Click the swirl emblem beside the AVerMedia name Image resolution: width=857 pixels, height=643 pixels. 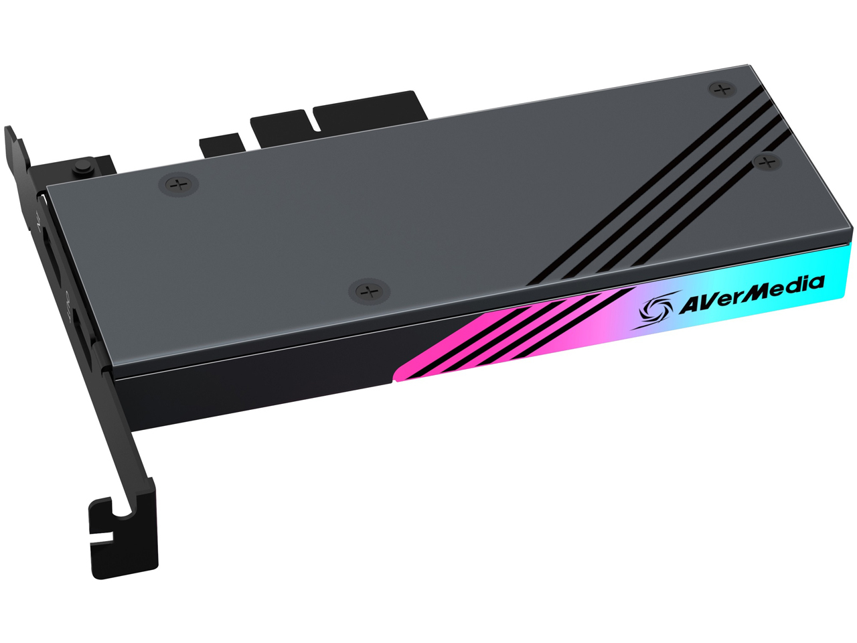[653, 310]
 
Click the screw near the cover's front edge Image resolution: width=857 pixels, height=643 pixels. [369, 291]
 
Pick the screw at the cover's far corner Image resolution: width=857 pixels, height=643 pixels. [721, 88]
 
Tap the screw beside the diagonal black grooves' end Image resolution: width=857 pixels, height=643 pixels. [767, 161]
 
